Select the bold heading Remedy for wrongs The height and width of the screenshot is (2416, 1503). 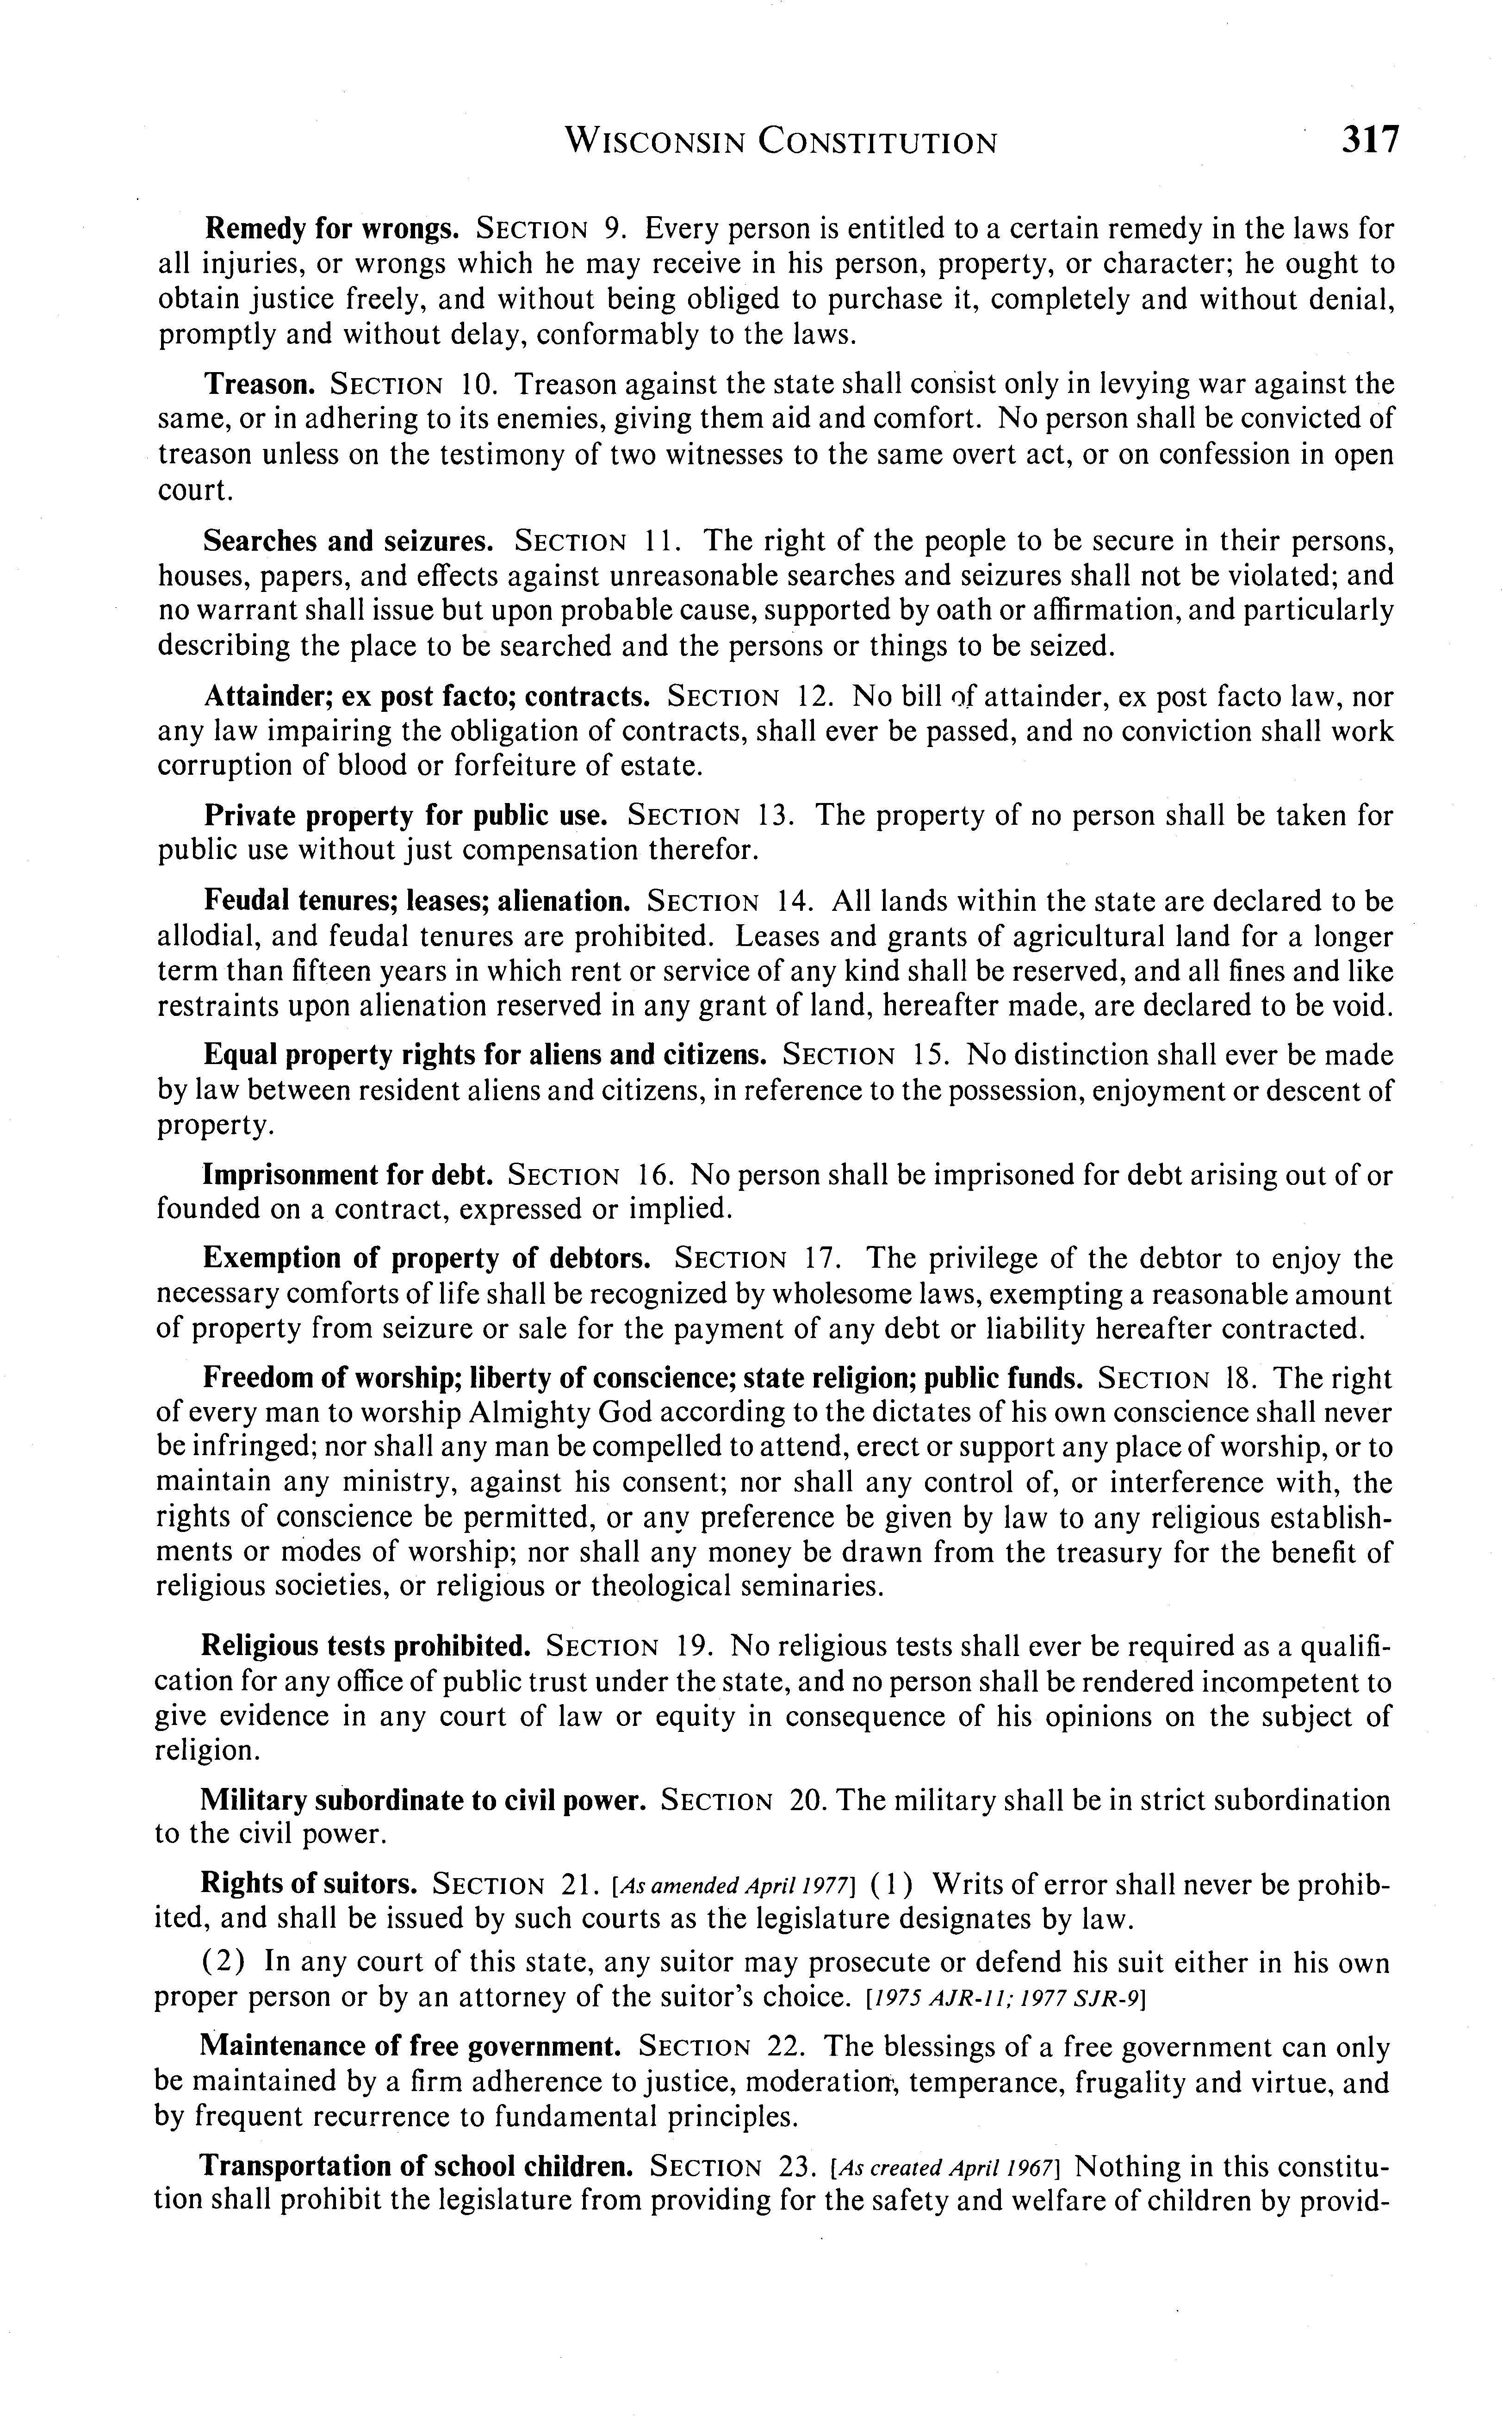pyautogui.click(x=331, y=230)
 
